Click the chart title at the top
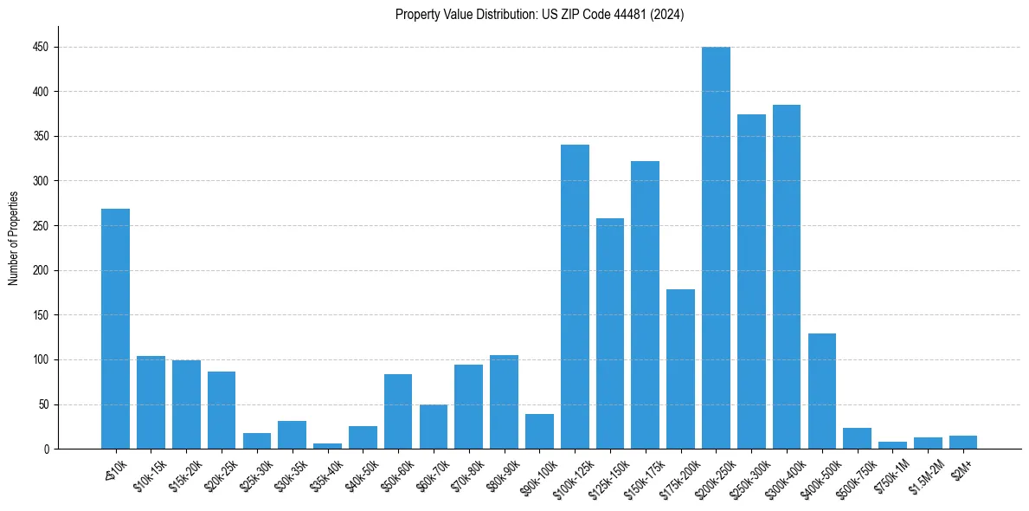click(539, 15)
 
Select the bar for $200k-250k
click(716, 248)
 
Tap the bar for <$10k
click(115, 329)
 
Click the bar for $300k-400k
click(787, 277)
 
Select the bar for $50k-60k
click(398, 411)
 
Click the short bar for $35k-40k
click(327, 446)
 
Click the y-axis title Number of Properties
click(14, 238)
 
